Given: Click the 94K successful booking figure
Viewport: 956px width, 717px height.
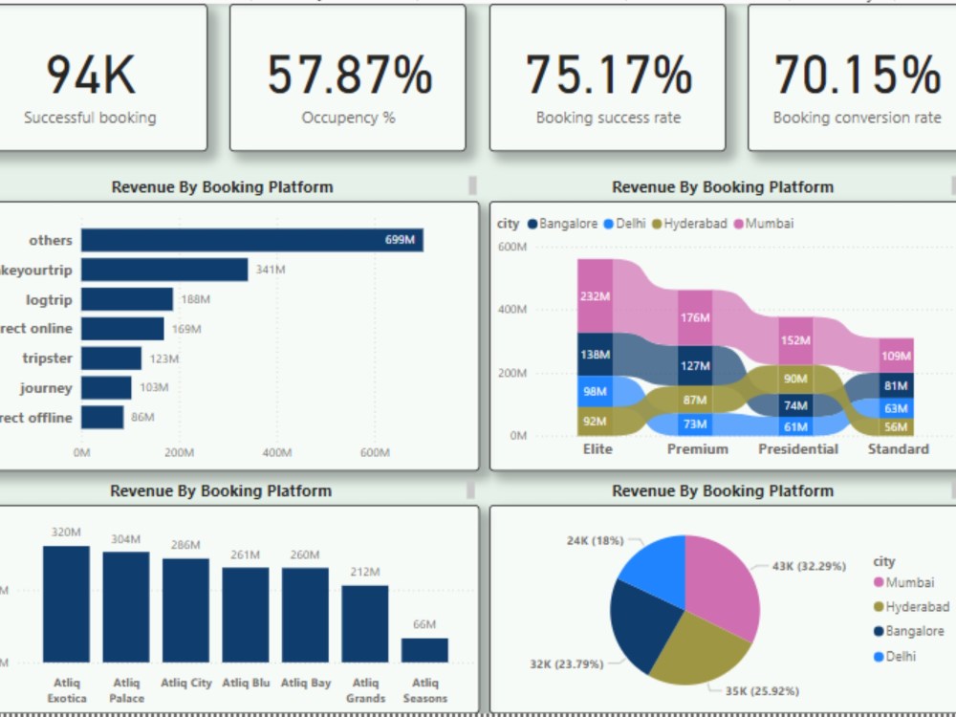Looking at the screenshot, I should click(91, 76).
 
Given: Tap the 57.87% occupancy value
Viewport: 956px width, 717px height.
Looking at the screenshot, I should click(349, 76).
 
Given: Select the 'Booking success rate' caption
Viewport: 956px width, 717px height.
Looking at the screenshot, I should click(608, 119).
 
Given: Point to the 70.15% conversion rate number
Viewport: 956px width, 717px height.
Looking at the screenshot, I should click(857, 76).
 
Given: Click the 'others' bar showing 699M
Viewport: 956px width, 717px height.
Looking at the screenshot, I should click(251, 240).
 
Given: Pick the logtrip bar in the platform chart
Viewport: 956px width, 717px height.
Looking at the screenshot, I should click(127, 299).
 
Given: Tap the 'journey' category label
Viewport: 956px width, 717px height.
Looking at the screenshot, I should click(46, 388).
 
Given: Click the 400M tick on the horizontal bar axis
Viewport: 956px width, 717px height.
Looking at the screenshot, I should click(277, 453).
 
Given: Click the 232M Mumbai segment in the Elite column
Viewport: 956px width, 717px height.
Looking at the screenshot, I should click(595, 296).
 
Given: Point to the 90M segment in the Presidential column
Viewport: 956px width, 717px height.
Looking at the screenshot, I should click(795, 379).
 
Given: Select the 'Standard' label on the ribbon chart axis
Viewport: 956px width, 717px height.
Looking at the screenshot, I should click(898, 449).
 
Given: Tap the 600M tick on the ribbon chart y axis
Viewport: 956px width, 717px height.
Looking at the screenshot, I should click(511, 247).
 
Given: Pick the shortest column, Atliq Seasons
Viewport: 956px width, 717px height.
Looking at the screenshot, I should click(424, 650).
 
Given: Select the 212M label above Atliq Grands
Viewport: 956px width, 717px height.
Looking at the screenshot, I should click(365, 573).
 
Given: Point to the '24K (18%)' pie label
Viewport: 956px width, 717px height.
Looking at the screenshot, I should click(595, 541).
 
